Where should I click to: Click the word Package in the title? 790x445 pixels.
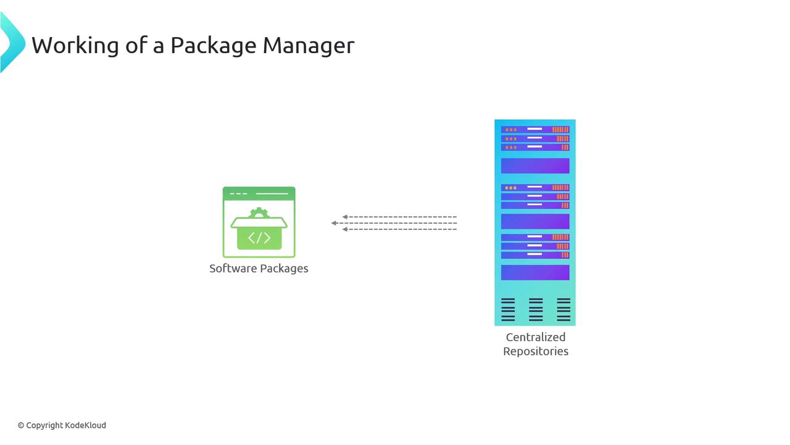[212, 46]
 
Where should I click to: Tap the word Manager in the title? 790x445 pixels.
[308, 46]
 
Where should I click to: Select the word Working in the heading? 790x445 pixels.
[74, 45]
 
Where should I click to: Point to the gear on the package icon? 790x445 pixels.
[259, 213]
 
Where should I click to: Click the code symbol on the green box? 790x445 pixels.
[259, 238]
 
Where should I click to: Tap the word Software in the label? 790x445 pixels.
[233, 268]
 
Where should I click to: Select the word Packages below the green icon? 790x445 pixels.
[284, 269]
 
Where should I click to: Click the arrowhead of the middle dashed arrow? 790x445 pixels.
[334, 223]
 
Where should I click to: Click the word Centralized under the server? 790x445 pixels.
[535, 337]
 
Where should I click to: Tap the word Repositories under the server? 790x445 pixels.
[535, 351]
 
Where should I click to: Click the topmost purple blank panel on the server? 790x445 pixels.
[535, 166]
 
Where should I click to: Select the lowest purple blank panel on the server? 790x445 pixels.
[535, 273]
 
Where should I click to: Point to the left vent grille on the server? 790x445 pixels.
[508, 310]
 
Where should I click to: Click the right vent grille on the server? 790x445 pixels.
[563, 310]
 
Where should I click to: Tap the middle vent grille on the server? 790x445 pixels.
[536, 310]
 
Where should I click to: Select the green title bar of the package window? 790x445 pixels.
[259, 193]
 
